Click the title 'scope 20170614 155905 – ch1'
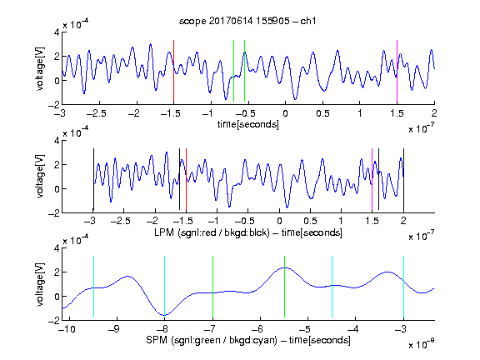[247, 21]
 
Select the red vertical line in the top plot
[173, 71]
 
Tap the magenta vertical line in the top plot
[397, 71]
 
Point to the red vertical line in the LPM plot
[186, 179]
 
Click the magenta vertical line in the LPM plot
[372, 180]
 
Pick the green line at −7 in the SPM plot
[212, 287]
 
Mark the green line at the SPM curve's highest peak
[284, 287]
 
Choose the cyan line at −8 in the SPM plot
[164, 287]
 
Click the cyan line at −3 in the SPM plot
[403, 287]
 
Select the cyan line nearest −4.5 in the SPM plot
[332, 287]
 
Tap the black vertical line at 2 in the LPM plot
[403, 181]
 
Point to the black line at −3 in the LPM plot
[93, 179]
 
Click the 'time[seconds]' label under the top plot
[248, 124]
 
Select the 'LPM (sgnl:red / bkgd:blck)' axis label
[212, 232]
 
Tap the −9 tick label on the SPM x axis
[113, 329]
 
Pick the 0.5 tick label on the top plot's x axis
[322, 113]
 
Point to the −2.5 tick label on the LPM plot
[121, 221]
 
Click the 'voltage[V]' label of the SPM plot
[40, 284]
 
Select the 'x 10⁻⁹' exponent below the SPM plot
[422, 344]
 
